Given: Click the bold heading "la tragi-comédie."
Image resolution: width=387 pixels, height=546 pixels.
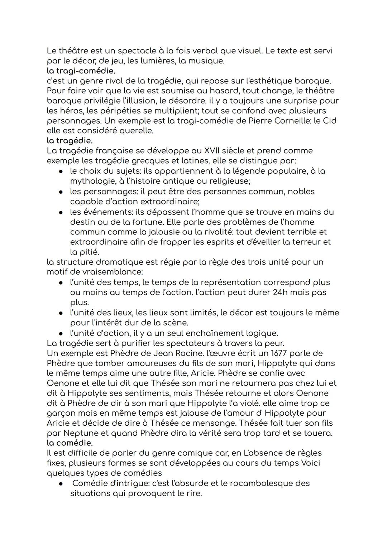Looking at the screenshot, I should [81, 71].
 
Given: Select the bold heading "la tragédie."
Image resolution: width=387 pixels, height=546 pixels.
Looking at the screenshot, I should [70, 141].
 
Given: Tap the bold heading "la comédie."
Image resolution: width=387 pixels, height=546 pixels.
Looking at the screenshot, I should [70, 443].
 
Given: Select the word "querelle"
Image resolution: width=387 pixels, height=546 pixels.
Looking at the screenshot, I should [135, 131].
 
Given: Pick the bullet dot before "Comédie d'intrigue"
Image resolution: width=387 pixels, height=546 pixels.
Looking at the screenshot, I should [62, 483].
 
